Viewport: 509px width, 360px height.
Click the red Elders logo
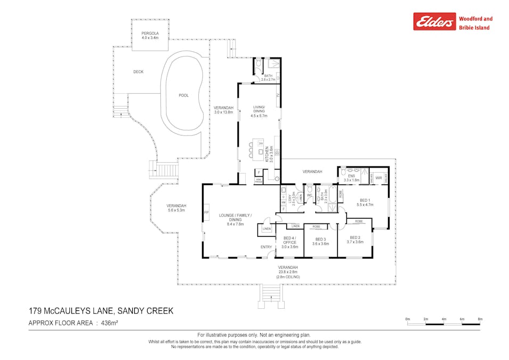(x=434, y=21)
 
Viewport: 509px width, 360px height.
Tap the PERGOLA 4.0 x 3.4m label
(x=146, y=36)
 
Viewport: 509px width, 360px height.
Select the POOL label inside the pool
(x=183, y=95)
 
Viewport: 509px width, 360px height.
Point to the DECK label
(x=138, y=72)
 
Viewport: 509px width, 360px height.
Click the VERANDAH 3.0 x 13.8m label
(x=224, y=110)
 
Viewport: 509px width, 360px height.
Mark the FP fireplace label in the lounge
(x=206, y=213)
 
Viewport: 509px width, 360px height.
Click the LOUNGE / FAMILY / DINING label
(x=235, y=220)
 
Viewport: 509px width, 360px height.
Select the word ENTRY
(x=266, y=247)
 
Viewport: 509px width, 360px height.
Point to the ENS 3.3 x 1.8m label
(x=352, y=178)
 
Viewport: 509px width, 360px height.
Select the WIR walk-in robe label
(x=378, y=178)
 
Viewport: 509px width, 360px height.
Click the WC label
(x=309, y=195)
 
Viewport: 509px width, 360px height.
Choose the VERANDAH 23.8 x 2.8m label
(x=287, y=270)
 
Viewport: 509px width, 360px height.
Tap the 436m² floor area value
(x=107, y=323)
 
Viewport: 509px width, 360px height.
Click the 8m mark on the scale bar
(x=480, y=319)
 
